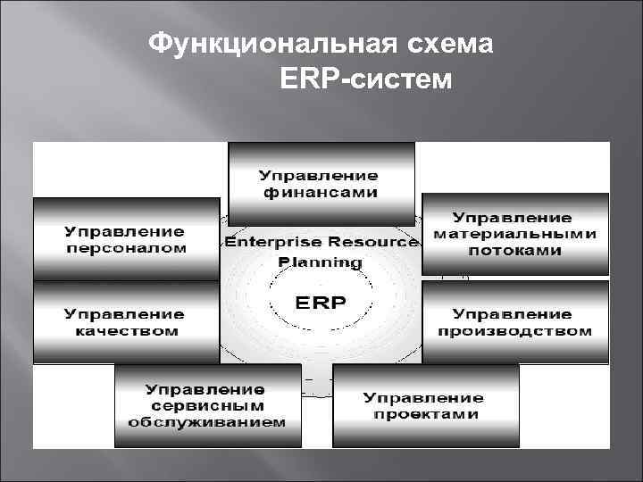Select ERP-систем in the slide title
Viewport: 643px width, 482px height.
pyautogui.click(x=366, y=80)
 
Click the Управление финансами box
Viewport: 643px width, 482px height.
pyautogui.click(x=321, y=183)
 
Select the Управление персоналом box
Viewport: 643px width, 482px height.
pyautogui.click(x=126, y=239)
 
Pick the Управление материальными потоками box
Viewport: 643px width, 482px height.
pyautogui.click(x=514, y=234)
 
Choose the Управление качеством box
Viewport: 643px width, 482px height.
pyautogui.click(x=126, y=322)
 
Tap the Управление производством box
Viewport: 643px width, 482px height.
pyautogui.click(x=514, y=322)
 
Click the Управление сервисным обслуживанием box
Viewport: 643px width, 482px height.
pyautogui.click(x=208, y=406)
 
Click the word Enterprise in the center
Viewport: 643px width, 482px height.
pyautogui.click(x=272, y=242)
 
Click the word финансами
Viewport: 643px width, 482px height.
pyautogui.click(x=320, y=192)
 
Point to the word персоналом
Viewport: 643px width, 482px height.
pyautogui.click(x=126, y=248)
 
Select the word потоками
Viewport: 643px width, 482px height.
pyautogui.click(x=514, y=251)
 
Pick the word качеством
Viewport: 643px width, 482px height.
pyautogui.click(x=126, y=331)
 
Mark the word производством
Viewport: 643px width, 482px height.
pyautogui.click(x=514, y=331)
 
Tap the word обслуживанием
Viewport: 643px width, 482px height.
pyautogui.click(x=206, y=422)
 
